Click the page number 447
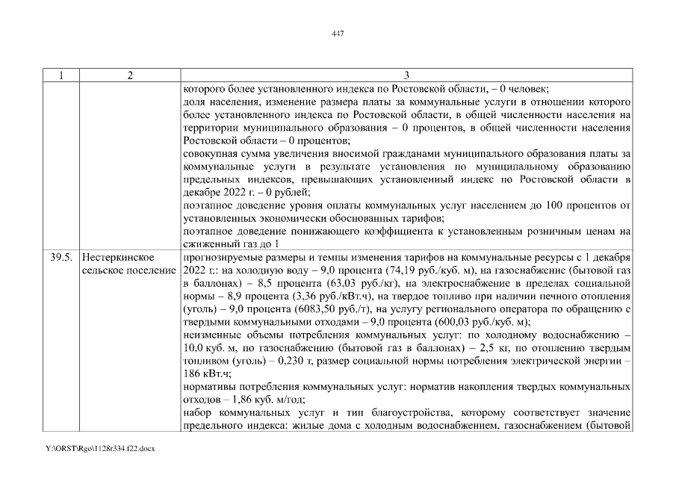point(337,32)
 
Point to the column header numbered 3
point(406,75)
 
